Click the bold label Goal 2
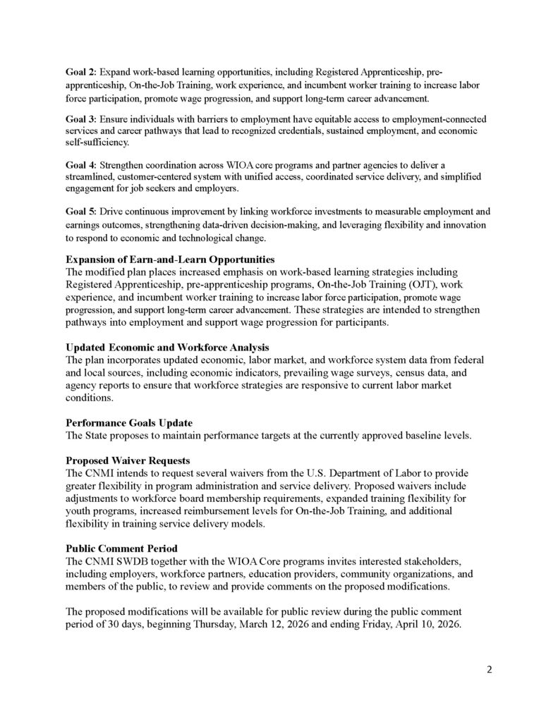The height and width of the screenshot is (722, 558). (81, 72)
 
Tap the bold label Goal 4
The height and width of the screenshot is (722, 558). (81, 165)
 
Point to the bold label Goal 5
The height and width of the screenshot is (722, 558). (81, 212)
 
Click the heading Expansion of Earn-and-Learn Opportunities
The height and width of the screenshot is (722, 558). (170, 259)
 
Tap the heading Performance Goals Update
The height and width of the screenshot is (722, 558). (128, 423)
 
